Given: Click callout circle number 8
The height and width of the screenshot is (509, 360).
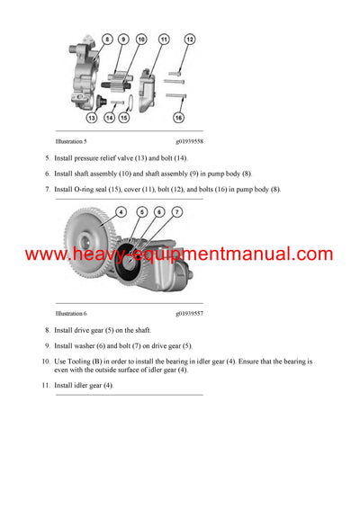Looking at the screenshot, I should click(107, 40).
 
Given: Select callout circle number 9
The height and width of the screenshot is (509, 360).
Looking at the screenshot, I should click(124, 40).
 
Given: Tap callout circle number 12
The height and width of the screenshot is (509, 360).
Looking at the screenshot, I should click(190, 40).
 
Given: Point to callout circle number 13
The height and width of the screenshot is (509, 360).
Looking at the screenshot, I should click(92, 117).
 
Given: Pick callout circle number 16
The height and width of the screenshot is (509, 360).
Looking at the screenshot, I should click(178, 118).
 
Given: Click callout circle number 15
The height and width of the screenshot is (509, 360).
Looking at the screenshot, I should click(124, 117).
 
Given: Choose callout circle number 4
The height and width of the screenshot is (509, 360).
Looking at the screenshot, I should click(121, 212).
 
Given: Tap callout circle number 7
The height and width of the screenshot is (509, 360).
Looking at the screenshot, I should click(176, 212).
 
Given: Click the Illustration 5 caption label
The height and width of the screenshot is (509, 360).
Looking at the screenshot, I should click(71, 142).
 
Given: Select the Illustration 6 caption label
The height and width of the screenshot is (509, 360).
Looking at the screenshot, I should click(71, 314).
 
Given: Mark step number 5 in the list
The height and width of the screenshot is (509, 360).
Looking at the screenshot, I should click(47, 158).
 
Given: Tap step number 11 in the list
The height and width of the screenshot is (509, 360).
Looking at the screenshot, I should click(46, 385).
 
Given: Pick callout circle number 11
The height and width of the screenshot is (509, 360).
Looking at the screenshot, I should click(164, 40).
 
